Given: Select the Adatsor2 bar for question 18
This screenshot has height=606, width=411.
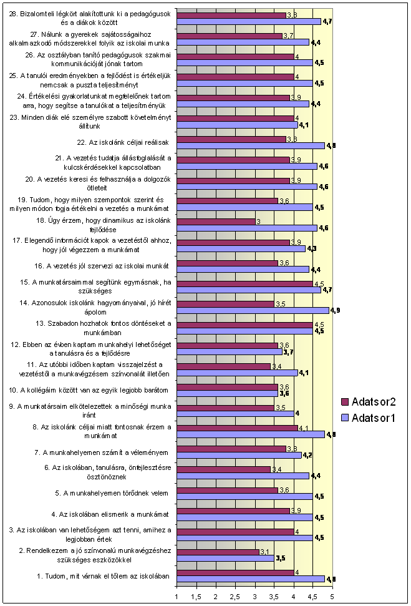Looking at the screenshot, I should tap(216, 222).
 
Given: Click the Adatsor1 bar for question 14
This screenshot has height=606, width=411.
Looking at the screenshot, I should tap(253, 310).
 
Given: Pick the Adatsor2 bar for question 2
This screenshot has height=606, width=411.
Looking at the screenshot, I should tap(218, 552).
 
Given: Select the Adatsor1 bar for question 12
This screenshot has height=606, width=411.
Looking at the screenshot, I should tap(230, 351).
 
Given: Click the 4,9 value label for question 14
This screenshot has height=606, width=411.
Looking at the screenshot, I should tap(336, 310).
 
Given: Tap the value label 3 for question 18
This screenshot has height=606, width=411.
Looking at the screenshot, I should tap(259, 222).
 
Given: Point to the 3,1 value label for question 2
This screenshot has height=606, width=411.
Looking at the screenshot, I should tap(264, 552).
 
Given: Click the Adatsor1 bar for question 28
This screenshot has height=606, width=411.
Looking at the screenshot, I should tap(249, 21).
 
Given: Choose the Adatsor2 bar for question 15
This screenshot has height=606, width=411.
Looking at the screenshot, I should tap(245, 283).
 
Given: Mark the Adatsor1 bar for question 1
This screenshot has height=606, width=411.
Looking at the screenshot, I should tap(251, 579).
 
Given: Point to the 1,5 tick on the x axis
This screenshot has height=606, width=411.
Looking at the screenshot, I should tap(197, 597).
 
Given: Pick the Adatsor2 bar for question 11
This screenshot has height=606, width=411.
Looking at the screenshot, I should tap(224, 366).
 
